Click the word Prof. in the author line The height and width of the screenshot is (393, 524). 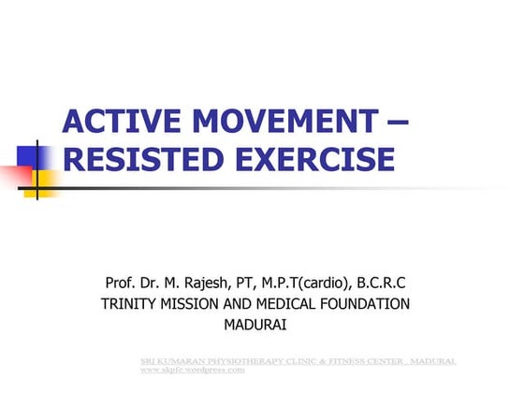[124, 283]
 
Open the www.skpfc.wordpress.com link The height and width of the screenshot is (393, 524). [192, 370]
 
